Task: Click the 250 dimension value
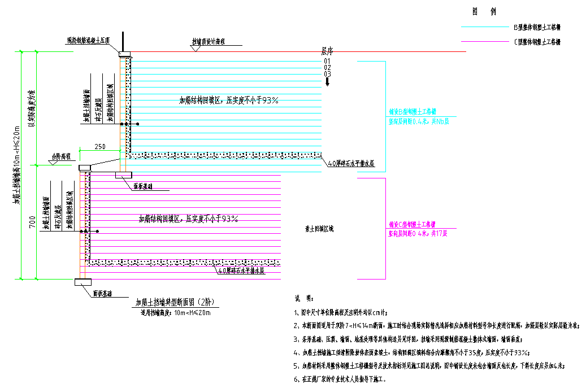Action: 99,147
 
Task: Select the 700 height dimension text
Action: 32,224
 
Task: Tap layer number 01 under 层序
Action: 327,61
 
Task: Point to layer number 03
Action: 327,74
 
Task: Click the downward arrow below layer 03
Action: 327,82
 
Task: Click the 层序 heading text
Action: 328,50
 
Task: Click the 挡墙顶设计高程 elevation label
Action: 209,42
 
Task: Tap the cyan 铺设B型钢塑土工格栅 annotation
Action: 413,112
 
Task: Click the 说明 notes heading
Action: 302,298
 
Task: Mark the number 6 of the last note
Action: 296,379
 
